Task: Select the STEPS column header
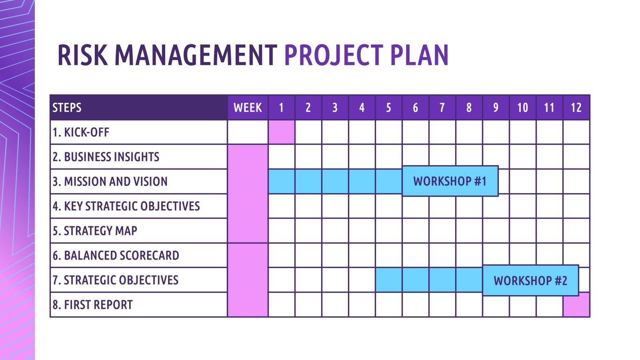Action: (67, 108)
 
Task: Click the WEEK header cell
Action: (248, 108)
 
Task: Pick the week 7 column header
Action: (442, 108)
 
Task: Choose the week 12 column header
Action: (576, 108)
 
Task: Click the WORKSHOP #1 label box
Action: (450, 181)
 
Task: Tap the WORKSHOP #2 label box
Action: (530, 280)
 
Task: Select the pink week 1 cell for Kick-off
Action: (281, 132)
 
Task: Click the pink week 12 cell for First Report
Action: (576, 305)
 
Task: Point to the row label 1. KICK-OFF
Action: (81, 132)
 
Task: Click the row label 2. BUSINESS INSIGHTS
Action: (106, 157)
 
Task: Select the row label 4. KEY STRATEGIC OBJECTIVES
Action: (126, 206)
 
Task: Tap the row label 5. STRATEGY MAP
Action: (95, 231)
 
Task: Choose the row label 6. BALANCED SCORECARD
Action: (116, 255)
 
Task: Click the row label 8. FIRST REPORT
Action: (92, 305)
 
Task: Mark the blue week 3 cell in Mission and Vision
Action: (335, 181)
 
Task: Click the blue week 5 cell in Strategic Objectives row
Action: (388, 280)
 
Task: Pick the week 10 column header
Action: (522, 108)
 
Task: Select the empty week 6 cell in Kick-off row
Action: (415, 132)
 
